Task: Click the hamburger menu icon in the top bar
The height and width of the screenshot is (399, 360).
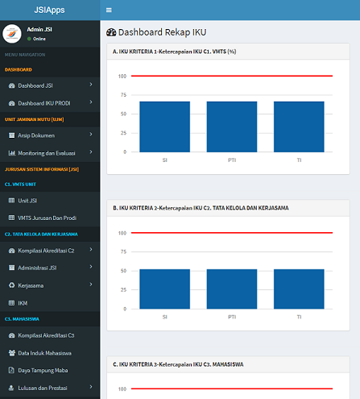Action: (109, 10)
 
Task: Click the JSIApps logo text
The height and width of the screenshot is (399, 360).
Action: (49, 10)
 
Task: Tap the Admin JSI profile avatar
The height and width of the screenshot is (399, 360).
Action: (12, 34)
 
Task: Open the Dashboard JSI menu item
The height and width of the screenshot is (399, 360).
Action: (35, 85)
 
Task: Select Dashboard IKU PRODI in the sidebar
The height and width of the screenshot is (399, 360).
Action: (44, 103)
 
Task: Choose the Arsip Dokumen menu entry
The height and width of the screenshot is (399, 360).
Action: (36, 135)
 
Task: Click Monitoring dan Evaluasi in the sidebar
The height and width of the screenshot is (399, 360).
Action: (47, 153)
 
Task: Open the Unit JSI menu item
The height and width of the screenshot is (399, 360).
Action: (27, 201)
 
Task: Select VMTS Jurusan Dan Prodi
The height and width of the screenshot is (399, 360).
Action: (47, 218)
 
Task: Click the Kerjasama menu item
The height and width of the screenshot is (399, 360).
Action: (31, 285)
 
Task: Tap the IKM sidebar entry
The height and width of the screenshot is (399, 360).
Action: (23, 303)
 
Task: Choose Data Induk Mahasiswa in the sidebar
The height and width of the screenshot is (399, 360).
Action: (44, 353)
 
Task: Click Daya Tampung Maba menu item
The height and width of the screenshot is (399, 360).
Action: (43, 371)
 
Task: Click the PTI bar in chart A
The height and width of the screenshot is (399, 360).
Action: (232, 127)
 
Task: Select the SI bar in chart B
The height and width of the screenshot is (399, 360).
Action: (164, 289)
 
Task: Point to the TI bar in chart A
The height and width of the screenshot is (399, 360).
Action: (299, 127)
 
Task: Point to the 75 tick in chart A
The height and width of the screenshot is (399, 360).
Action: (123, 95)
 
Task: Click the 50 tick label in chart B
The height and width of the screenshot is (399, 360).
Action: (123, 271)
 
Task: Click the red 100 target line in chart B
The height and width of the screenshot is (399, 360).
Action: (232, 233)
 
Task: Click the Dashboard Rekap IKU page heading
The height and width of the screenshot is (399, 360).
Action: (162, 32)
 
